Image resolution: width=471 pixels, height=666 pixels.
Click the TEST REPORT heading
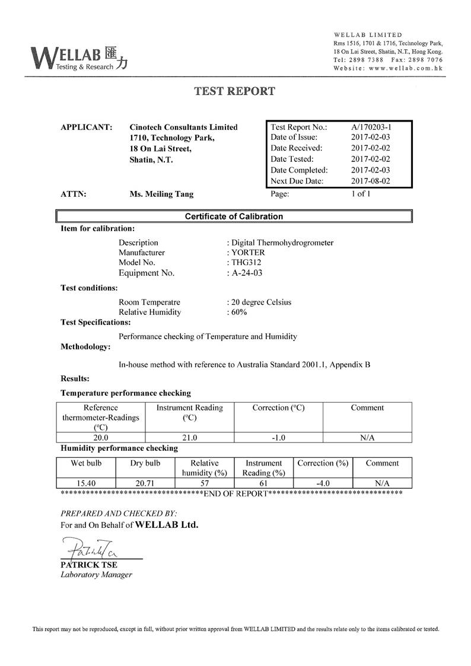coord(235,91)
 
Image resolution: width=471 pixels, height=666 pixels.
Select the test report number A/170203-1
coord(371,127)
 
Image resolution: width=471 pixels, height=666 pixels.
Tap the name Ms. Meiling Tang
coord(161,194)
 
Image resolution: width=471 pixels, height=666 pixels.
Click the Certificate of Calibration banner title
coord(234,216)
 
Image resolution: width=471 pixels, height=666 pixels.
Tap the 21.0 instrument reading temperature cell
coord(189,438)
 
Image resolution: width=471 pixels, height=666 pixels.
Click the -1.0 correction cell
coord(278,438)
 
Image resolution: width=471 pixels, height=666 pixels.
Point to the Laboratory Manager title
coord(96,575)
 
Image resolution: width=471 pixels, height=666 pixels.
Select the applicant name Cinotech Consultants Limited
coord(183,127)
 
